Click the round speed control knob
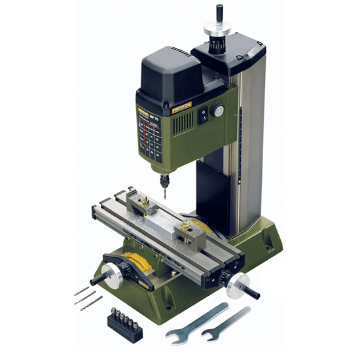click(x=217, y=110)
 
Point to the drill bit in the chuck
click(x=166, y=190)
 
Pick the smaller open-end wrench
click(x=225, y=325)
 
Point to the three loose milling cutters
click(x=88, y=298)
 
